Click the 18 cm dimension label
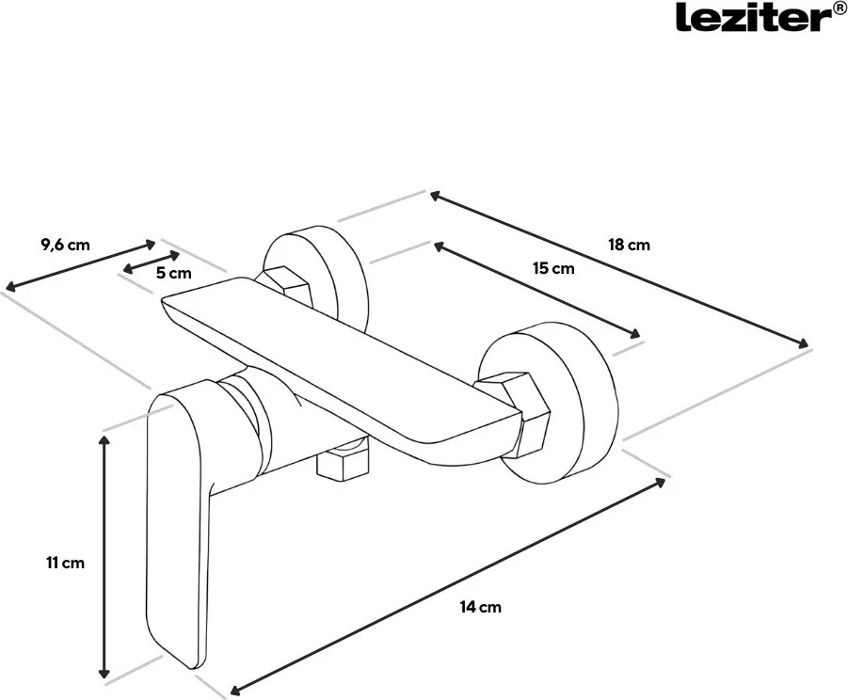point(629,245)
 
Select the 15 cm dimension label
point(553,268)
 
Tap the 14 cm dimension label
point(481,607)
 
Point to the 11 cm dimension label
point(66,563)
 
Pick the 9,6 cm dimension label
point(66,245)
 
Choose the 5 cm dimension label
point(173,273)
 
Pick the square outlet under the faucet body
point(342,458)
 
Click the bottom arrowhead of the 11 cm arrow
point(104,672)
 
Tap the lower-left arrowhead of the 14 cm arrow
point(236,690)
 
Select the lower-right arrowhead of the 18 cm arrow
point(803,342)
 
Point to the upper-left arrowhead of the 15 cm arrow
point(440,246)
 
